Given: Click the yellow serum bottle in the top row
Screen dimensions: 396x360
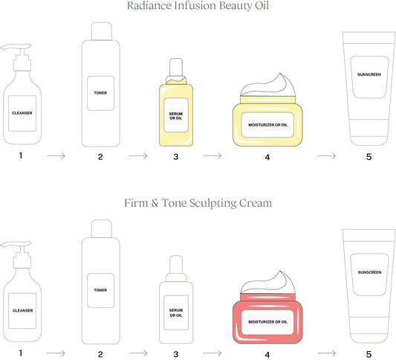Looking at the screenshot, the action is tap(176, 102).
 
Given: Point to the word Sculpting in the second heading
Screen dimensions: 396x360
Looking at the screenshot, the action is tap(213, 203).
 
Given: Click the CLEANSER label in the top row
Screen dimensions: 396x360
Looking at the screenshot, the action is tap(22, 113).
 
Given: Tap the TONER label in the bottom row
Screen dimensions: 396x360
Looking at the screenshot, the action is tap(100, 290).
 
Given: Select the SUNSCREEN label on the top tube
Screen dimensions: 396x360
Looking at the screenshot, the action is tap(369, 74).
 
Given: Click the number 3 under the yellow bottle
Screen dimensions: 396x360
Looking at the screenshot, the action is tap(176, 157).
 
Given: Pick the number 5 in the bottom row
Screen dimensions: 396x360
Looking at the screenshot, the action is tap(369, 354).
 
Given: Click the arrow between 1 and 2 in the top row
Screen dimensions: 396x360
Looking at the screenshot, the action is tap(56, 155).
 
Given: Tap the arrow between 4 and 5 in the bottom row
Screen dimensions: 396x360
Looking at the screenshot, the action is tap(326, 353).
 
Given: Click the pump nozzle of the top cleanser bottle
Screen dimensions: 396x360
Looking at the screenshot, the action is tap(16, 47).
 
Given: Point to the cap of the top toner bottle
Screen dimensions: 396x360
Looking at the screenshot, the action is tap(102, 31).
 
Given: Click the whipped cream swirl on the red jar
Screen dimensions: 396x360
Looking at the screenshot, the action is tap(267, 283).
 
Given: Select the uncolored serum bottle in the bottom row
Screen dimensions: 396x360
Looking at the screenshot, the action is tap(176, 300).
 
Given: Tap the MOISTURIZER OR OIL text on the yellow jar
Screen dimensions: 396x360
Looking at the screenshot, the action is tap(267, 125).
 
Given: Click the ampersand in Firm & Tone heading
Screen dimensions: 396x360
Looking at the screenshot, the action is tap(155, 203).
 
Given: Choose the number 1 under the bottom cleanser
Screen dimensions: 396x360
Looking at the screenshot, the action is tap(21, 353).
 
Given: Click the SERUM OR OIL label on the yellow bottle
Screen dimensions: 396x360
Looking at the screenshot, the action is tap(176, 116).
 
